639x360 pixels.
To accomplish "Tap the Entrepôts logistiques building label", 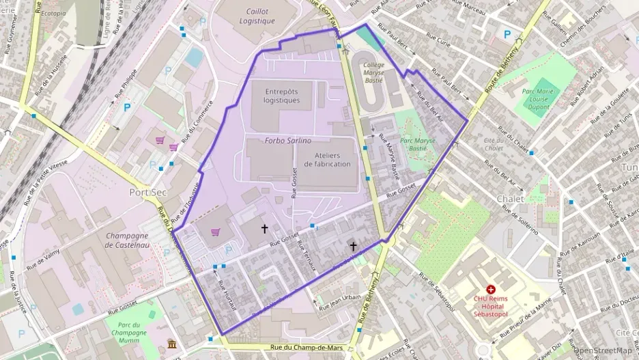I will point(282,96).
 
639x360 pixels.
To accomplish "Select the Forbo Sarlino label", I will point(288,141).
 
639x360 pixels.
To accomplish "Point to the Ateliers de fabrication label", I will point(328,159).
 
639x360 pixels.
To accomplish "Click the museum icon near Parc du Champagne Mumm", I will point(171,343).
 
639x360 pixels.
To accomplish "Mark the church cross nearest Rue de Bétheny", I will point(353,246).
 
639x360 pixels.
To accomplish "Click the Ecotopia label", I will point(53,13).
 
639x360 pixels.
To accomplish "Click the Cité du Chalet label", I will point(493,143).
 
